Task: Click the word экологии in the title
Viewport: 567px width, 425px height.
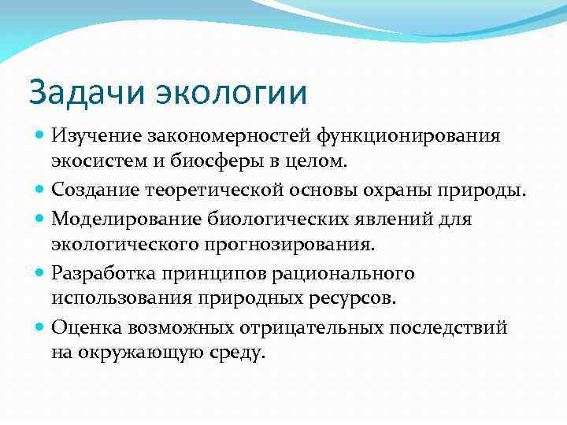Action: [x=228, y=93]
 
